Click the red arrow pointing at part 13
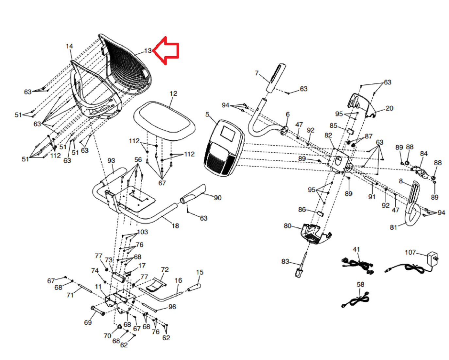[x=167, y=50]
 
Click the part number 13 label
[x=148, y=51]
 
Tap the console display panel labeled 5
[x=224, y=148]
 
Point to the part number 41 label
[x=356, y=249]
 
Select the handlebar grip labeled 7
[x=275, y=78]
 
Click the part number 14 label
[x=69, y=46]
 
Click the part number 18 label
[x=175, y=226]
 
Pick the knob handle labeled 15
[x=194, y=288]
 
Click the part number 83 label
[x=285, y=261]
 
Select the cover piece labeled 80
[x=315, y=233]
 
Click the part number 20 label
[x=389, y=108]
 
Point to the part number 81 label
[x=393, y=227]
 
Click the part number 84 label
[x=424, y=153]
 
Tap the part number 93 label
[x=111, y=161]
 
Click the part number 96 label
[x=172, y=307]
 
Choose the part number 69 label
[x=88, y=322]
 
